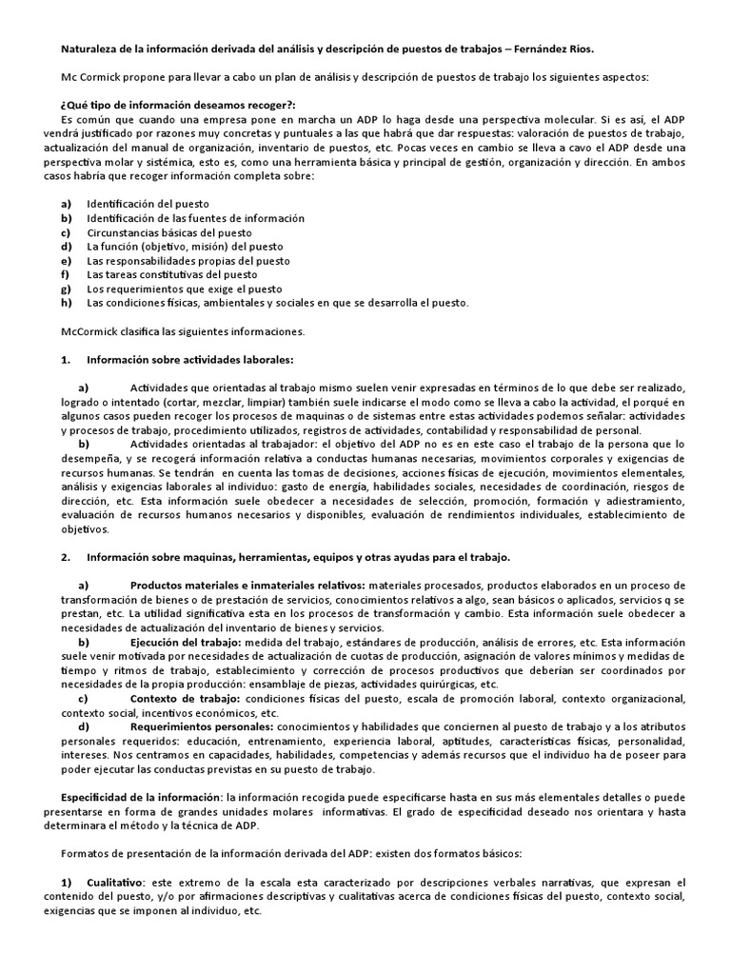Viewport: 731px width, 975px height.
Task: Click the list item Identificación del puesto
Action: pos(148,204)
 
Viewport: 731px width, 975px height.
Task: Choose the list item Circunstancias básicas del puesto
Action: pos(169,232)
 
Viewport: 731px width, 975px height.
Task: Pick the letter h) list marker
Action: pos(66,304)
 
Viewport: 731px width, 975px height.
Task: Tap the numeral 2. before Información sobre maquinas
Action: pos(65,556)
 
